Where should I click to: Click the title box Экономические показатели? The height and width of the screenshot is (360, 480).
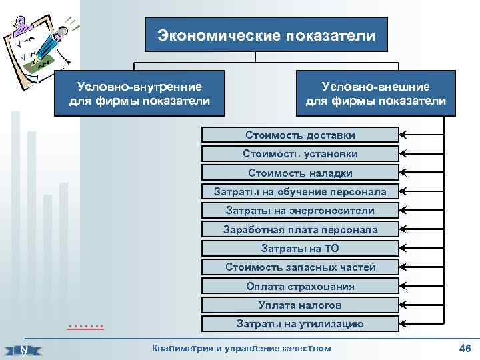click(x=266, y=35)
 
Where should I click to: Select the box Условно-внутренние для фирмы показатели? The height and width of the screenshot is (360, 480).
click(x=140, y=94)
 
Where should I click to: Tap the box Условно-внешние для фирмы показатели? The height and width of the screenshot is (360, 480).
click(x=375, y=94)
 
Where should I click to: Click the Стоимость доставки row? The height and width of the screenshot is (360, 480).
click(x=300, y=135)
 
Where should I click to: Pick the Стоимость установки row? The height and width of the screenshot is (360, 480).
click(x=300, y=154)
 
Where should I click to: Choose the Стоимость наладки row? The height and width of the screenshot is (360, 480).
click(x=300, y=173)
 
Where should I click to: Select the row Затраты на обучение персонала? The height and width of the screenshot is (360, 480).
click(x=300, y=192)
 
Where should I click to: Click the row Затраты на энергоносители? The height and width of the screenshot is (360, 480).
click(x=300, y=211)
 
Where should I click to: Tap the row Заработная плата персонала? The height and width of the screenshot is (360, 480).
click(x=300, y=229)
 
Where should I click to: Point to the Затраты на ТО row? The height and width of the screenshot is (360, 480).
click(x=300, y=249)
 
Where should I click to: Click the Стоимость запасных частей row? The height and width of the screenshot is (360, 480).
click(x=300, y=267)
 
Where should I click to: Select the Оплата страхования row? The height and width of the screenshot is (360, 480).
click(x=300, y=286)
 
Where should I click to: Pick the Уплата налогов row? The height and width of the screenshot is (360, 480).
click(x=300, y=305)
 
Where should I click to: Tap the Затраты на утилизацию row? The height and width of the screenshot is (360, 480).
click(x=300, y=324)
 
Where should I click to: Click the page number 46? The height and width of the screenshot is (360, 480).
click(x=465, y=349)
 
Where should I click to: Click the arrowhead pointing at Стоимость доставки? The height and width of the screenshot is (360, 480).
click(x=403, y=135)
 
